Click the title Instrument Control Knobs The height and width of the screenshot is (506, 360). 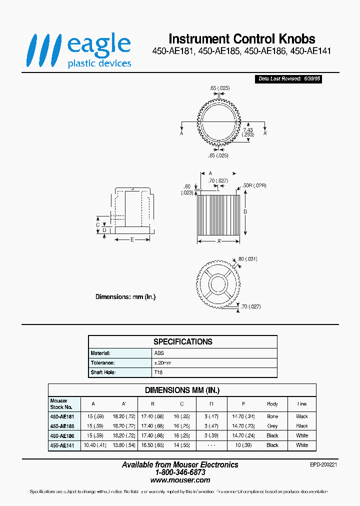click(242, 39)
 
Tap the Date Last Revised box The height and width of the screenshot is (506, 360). click(289, 79)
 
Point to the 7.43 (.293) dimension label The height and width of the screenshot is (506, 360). click(248, 132)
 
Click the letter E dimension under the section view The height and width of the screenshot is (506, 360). click(132, 239)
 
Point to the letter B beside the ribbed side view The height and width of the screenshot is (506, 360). click(245, 211)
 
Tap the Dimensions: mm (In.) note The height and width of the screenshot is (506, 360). click(125, 297)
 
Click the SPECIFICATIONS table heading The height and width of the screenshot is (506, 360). click(182, 342)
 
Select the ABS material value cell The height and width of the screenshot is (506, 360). click(159, 353)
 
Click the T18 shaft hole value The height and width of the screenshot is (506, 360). click(158, 372)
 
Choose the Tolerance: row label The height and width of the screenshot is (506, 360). click(103, 363)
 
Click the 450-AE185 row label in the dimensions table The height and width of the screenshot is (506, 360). click(62, 426)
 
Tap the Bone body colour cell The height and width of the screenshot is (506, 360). click(272, 416)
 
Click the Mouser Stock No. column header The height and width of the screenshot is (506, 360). click(59, 404)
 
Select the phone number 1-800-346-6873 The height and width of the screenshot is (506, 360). click(180, 472)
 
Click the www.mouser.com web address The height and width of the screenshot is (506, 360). click(180, 480)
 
